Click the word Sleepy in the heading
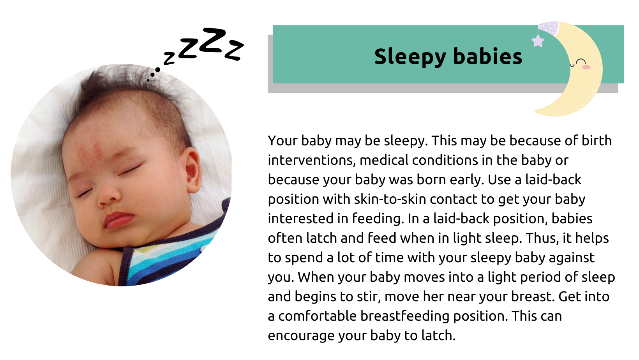410,57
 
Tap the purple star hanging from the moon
538,41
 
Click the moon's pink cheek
586,67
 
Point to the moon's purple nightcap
548,28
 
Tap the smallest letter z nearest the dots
169,58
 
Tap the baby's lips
117,220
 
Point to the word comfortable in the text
317,316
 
